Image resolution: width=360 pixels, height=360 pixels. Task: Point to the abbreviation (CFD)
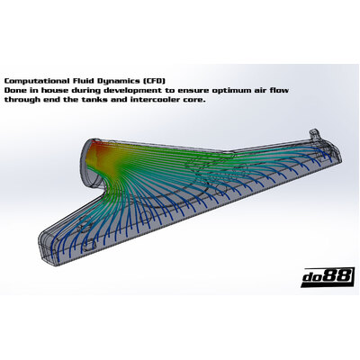[154, 81]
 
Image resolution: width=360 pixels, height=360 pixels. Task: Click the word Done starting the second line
[13, 90]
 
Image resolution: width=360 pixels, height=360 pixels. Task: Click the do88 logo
[327, 277]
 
